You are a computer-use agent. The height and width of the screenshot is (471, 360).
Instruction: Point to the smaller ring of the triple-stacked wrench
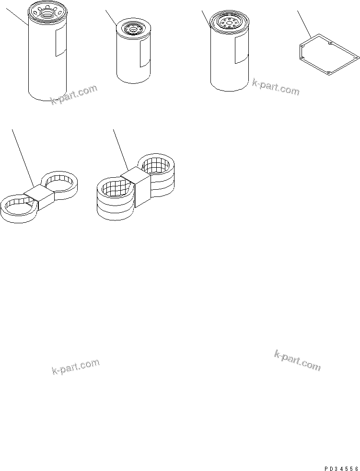pyautogui.click(x=158, y=170)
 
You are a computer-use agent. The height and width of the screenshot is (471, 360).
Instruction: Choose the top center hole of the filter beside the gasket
pyautogui.click(x=228, y=21)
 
